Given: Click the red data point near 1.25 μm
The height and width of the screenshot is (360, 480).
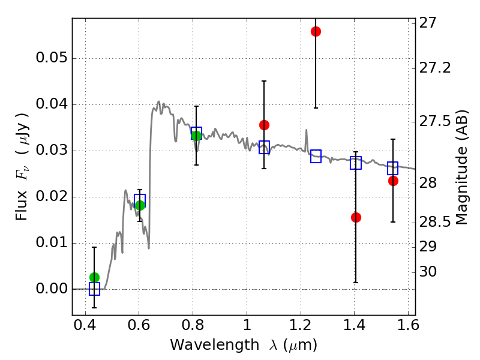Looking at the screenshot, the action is (316, 32).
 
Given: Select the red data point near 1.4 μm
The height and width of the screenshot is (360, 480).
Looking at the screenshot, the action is (356, 217).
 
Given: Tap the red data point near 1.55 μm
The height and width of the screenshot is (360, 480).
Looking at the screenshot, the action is (393, 181).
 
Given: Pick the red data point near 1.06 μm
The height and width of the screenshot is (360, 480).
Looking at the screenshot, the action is (264, 125).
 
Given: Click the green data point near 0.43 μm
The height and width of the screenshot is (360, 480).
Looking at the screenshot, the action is (94, 277).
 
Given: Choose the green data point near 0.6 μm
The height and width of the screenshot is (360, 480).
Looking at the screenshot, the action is (140, 205).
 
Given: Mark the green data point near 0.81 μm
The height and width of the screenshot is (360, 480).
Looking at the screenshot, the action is (196, 136).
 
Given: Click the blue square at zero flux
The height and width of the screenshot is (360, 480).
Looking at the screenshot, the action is (94, 289).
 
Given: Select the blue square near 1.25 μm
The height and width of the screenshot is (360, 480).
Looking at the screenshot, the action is (316, 156).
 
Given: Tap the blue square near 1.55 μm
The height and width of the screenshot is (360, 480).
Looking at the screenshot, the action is (392, 168).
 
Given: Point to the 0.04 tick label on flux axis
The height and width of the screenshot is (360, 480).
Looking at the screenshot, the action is (52, 104).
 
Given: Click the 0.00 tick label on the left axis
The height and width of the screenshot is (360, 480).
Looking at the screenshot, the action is (52, 289).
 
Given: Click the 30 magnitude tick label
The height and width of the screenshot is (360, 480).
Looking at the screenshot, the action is (428, 272).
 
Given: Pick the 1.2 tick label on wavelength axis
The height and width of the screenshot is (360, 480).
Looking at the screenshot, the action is (301, 325).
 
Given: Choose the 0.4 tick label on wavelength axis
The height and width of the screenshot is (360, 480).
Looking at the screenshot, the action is (85, 325).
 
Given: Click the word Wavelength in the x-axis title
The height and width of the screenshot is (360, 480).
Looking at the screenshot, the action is (215, 345).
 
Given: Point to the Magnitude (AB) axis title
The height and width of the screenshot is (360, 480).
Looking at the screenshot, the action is (462, 167).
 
